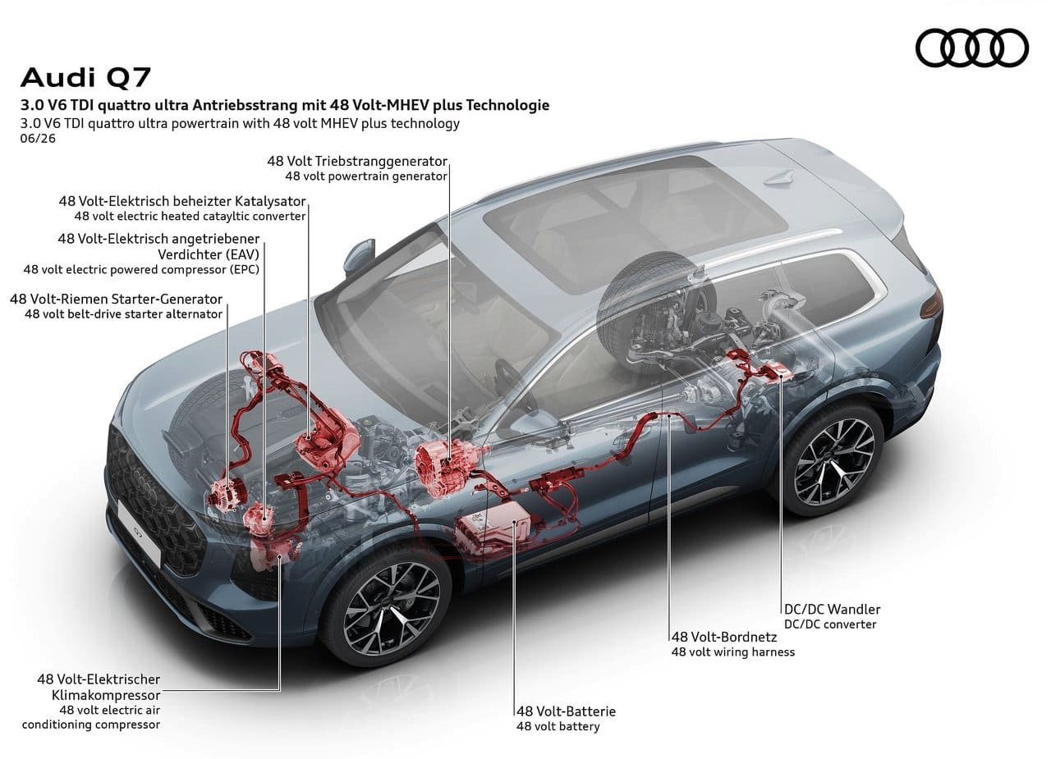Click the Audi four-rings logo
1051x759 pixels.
pyautogui.click(x=972, y=48)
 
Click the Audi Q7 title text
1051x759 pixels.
pyautogui.click(x=85, y=77)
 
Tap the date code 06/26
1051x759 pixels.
pyautogui.click(x=38, y=139)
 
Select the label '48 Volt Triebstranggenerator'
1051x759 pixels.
pyautogui.click(x=357, y=162)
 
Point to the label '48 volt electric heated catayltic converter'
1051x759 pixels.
pyautogui.click(x=190, y=216)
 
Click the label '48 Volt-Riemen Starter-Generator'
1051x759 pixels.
pyautogui.click(x=117, y=299)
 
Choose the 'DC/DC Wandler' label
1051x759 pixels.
pyautogui.click(x=833, y=610)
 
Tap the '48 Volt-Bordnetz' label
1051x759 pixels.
pyautogui.click(x=724, y=637)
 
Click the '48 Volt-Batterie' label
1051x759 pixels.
pyautogui.click(x=566, y=711)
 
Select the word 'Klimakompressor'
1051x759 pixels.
pyautogui.click(x=106, y=695)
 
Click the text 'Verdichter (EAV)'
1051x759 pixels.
pyautogui.click(x=209, y=254)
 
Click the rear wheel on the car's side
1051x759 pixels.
pyautogui.click(x=833, y=460)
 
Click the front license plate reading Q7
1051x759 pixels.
pyautogui.click(x=140, y=532)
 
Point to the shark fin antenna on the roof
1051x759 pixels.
pyautogui.click(x=778, y=179)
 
